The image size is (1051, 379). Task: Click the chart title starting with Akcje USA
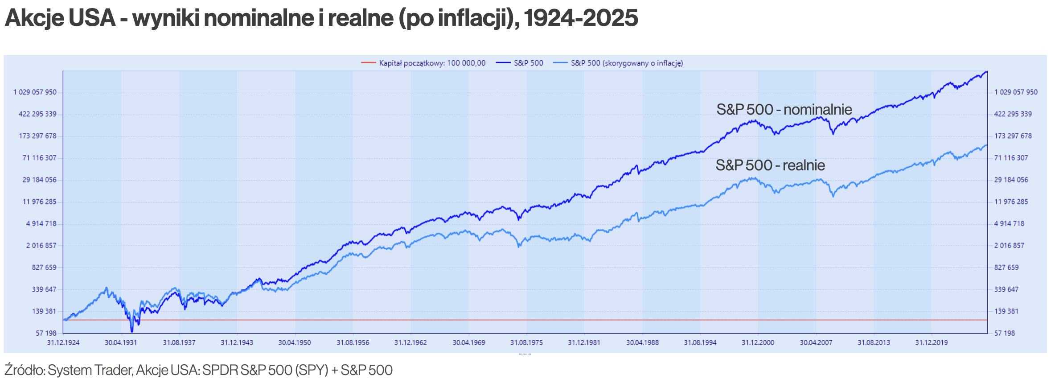(321, 18)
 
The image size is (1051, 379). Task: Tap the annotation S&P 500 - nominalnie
(784, 110)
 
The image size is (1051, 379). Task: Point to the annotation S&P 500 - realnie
(770, 165)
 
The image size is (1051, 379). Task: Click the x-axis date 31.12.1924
(63, 342)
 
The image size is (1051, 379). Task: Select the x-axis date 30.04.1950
(295, 342)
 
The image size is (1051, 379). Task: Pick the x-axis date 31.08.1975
(526, 342)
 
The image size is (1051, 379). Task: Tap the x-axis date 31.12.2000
(758, 342)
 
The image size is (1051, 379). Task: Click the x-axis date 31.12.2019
(931, 342)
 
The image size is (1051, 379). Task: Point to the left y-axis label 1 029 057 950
(35, 92)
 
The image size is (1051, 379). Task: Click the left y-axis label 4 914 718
(41, 224)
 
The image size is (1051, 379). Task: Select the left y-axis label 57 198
(46, 333)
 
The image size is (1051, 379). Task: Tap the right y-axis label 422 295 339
(1013, 114)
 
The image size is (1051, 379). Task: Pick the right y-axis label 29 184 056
(1011, 180)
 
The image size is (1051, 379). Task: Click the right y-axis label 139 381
(1006, 311)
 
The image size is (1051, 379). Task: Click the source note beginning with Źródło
(198, 370)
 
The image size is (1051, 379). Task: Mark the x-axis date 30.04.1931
(121, 342)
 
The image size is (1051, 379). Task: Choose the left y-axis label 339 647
(44, 289)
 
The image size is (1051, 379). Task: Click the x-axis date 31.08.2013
(874, 342)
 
